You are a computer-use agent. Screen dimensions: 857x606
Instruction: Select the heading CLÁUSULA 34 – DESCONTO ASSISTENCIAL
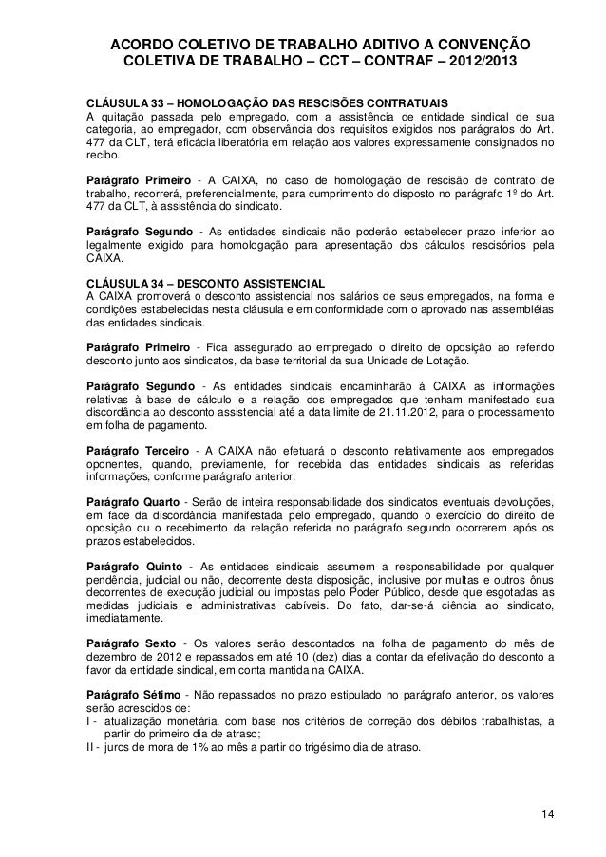pyautogui.click(x=204, y=283)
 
